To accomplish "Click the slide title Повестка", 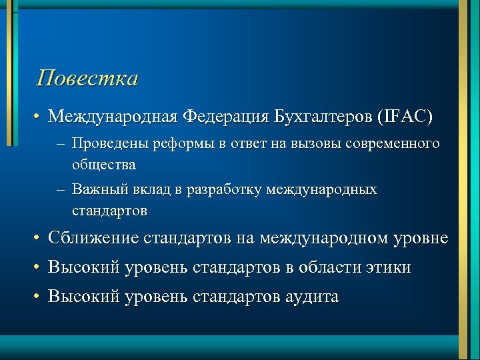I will [88, 79].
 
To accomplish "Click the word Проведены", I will [111, 144].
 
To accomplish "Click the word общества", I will [104, 164].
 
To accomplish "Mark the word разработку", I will [224, 191].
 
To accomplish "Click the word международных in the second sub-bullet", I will [321, 191].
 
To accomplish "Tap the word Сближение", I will [93, 238].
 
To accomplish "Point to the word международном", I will [323, 238].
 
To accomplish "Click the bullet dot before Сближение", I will [40, 239].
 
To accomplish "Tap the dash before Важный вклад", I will [61, 191].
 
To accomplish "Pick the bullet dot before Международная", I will [40, 118].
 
